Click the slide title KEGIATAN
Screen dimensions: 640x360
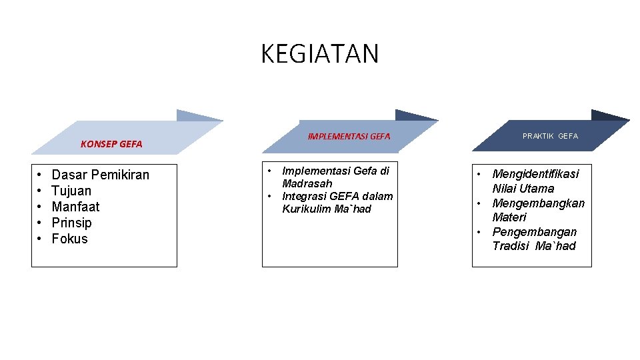pyautogui.click(x=319, y=54)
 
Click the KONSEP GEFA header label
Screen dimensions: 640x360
pyautogui.click(x=111, y=144)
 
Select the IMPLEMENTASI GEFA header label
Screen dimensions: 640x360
pyautogui.click(x=349, y=137)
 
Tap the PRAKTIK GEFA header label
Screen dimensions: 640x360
pyautogui.click(x=550, y=136)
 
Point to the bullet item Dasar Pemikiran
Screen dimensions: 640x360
pyautogui.click(x=101, y=175)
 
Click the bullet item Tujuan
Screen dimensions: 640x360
pyautogui.click(x=71, y=191)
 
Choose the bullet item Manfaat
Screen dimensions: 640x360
pyautogui.click(x=75, y=207)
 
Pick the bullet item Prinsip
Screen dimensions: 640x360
pyautogui.click(x=71, y=223)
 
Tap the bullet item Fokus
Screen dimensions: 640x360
pyautogui.click(x=69, y=239)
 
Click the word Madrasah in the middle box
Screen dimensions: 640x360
pyautogui.click(x=307, y=183)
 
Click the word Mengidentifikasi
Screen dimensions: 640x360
pyautogui.click(x=535, y=174)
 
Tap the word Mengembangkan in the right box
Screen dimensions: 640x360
pyautogui.click(x=538, y=203)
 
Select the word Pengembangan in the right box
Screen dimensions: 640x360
pyautogui.click(x=534, y=232)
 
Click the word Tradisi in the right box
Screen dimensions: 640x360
pyautogui.click(x=511, y=246)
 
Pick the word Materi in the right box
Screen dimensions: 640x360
pyautogui.click(x=509, y=217)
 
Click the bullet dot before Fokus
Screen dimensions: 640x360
pyautogui.click(x=40, y=239)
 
